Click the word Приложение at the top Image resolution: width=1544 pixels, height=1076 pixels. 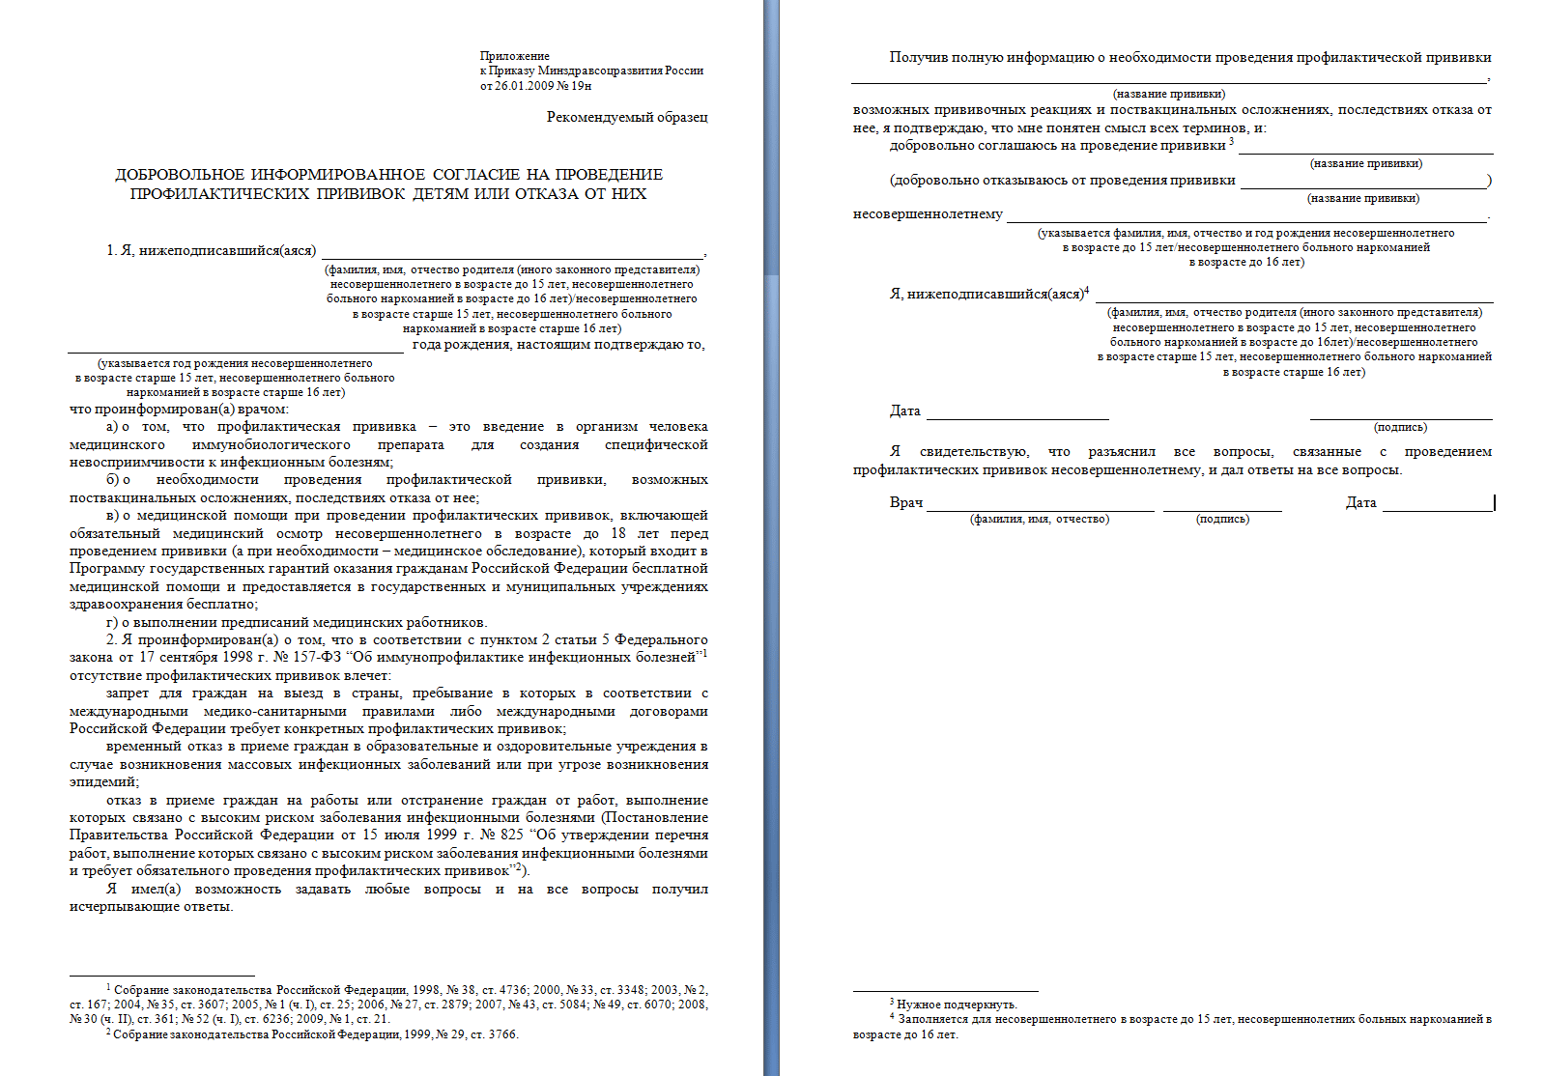(x=514, y=56)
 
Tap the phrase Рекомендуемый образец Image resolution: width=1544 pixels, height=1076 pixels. (x=626, y=117)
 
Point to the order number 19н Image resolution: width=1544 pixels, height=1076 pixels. (x=581, y=86)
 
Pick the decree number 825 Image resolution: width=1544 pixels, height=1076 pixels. (x=511, y=835)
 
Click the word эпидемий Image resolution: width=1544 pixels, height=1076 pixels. (x=102, y=782)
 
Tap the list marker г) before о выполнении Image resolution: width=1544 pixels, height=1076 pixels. (x=112, y=623)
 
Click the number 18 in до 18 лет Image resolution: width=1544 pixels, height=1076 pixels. (x=617, y=534)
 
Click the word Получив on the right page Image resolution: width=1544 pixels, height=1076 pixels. (x=918, y=58)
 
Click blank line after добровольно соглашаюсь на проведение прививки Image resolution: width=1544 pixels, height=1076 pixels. (x=1364, y=147)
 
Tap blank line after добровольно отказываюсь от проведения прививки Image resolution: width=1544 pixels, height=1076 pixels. (x=1362, y=182)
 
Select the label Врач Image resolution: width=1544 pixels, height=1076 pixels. (x=905, y=503)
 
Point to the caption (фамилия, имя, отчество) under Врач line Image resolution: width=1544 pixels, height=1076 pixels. (x=1039, y=520)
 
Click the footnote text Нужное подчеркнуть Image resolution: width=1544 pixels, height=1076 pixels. (x=956, y=1005)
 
